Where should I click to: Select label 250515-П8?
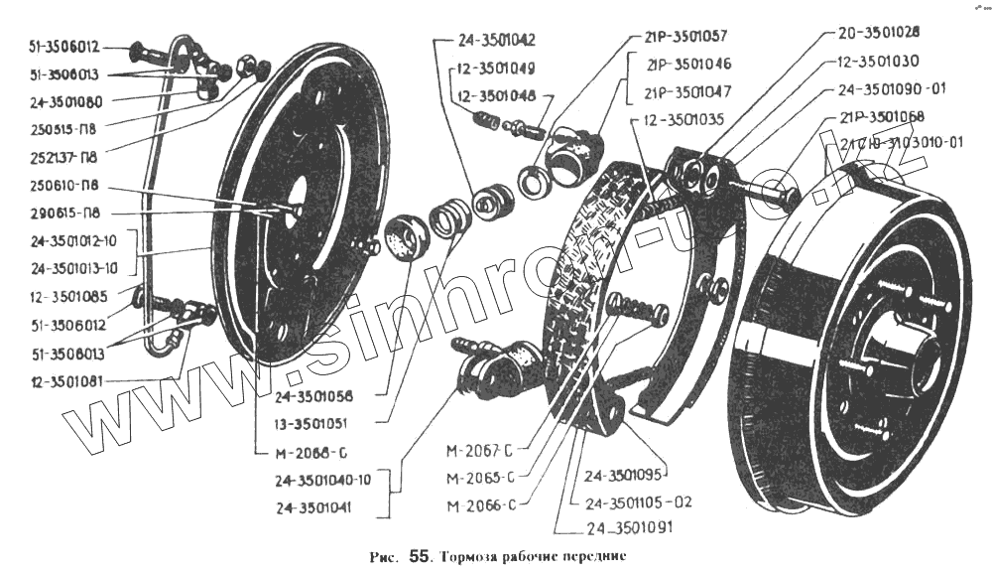click(x=61, y=129)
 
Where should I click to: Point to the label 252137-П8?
click(x=61, y=157)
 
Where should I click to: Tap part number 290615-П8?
click(x=61, y=213)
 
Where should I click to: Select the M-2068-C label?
click(x=309, y=454)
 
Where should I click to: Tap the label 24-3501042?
click(x=497, y=41)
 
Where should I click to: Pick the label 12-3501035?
click(x=678, y=121)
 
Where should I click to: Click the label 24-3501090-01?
click(x=892, y=87)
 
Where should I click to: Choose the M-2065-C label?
click(x=481, y=477)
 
